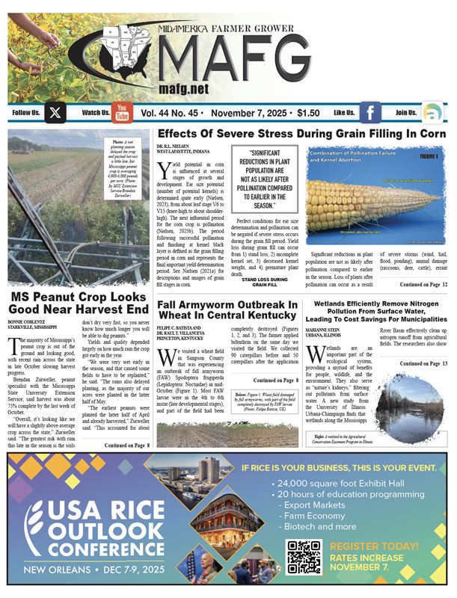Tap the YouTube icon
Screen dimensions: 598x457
[x=122, y=113]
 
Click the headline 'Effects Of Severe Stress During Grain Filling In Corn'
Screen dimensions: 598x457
[x=303, y=134]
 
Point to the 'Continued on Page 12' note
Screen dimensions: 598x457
[x=422, y=285]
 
